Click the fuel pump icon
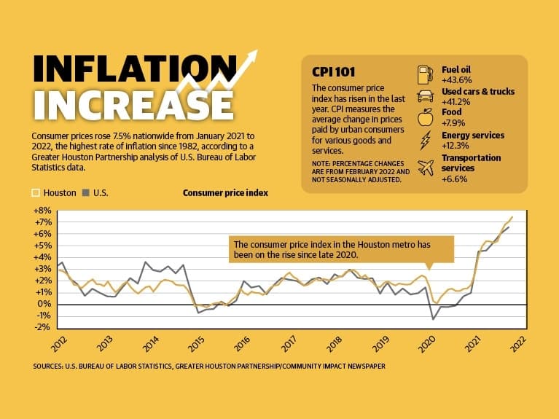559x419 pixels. click(425, 74)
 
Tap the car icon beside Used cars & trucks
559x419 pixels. click(426, 96)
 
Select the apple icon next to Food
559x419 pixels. click(426, 117)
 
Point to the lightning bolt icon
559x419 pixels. click(426, 140)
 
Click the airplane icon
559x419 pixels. click(426, 168)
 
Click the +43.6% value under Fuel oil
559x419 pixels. click(456, 79)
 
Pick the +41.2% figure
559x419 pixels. click(456, 102)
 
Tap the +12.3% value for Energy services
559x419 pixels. click(455, 146)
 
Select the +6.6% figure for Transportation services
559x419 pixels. click(454, 179)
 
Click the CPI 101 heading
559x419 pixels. click(333, 72)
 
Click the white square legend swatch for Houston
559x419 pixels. click(36, 193)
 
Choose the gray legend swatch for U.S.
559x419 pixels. click(85, 193)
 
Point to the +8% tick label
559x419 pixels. click(42, 211)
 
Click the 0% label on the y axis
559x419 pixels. click(45, 304)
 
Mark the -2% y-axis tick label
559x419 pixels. click(43, 327)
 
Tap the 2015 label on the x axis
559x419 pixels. click(198, 344)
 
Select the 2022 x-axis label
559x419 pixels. click(518, 344)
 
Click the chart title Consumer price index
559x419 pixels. click(225, 193)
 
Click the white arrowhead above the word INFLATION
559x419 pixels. click(252, 57)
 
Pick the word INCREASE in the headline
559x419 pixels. click(134, 105)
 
